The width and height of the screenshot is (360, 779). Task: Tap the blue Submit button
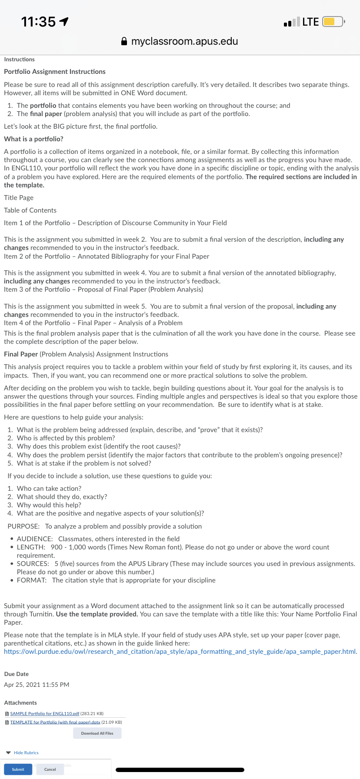pos(18,769)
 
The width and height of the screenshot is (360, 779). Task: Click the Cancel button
pos(50,769)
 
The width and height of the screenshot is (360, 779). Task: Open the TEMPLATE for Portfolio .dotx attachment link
pos(55,722)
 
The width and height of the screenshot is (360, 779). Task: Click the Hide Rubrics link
pos(26,752)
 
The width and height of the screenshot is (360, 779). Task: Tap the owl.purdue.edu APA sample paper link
pos(180,651)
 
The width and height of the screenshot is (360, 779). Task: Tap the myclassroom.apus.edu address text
pos(184,41)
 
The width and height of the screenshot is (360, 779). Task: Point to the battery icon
pos(333,21)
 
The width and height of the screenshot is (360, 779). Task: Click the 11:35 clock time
pos(38,21)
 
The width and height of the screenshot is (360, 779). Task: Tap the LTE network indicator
pos(310,22)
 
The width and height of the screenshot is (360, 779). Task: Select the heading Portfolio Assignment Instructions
pos(55,72)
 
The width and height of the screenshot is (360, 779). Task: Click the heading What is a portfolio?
pos(33,139)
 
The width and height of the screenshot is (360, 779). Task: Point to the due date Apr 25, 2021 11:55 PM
pos(37,685)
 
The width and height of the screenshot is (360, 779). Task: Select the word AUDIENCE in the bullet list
pos(35,539)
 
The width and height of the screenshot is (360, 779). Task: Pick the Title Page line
pos(19,197)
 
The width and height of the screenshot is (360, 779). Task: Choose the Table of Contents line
pos(30,210)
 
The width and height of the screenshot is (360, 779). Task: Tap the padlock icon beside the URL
pos(124,41)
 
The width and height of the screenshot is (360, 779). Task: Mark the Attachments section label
pos(20,702)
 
